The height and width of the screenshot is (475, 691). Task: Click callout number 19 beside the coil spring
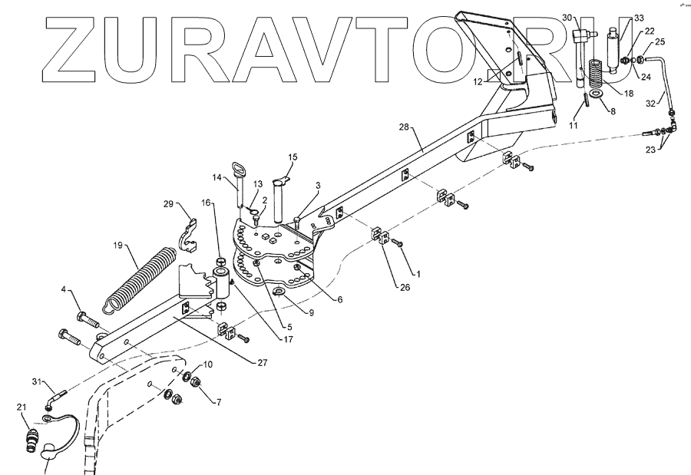118,246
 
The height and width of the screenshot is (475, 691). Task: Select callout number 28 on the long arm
403,127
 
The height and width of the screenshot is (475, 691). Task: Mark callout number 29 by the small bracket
169,204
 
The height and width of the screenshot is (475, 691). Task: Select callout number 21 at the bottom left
21,407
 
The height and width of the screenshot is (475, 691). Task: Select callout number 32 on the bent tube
653,101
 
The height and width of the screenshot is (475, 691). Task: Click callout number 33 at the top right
639,17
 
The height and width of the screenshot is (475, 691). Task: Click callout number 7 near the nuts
217,401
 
